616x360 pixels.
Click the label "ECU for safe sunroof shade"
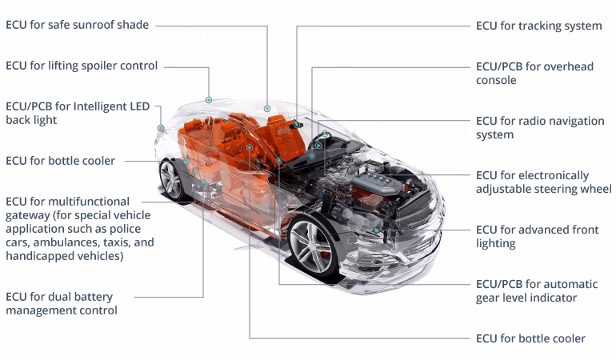click(77, 25)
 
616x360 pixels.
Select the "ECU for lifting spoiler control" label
click(82, 66)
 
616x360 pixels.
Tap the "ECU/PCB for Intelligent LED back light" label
click(78, 113)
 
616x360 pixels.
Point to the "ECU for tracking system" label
click(538, 26)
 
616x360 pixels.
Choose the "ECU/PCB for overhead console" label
click(534, 73)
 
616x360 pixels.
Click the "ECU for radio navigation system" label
click(540, 128)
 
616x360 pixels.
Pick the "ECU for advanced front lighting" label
click(537, 237)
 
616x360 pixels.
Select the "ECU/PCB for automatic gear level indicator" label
click(537, 291)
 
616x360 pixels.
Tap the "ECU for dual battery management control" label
click(62, 303)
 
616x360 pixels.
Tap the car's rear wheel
click(172, 180)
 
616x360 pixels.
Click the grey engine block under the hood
click(374, 182)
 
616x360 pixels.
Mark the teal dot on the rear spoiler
click(209, 100)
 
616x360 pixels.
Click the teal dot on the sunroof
click(267, 109)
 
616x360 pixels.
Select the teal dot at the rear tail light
click(161, 128)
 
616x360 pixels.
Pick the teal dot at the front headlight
click(376, 230)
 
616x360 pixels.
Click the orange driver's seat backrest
click(284, 135)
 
